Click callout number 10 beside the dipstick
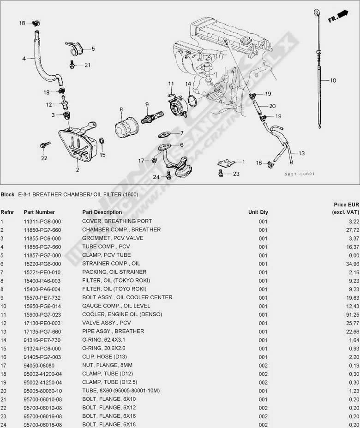[x=333, y=80]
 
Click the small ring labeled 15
[x=102, y=142]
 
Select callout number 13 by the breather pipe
[x=301, y=153]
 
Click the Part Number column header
[x=39, y=212]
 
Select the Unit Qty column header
[x=258, y=212]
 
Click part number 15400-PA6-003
[x=42, y=280]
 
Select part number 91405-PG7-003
[x=42, y=357]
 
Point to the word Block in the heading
[x=7, y=194]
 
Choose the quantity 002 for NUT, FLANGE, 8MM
[x=263, y=365]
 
